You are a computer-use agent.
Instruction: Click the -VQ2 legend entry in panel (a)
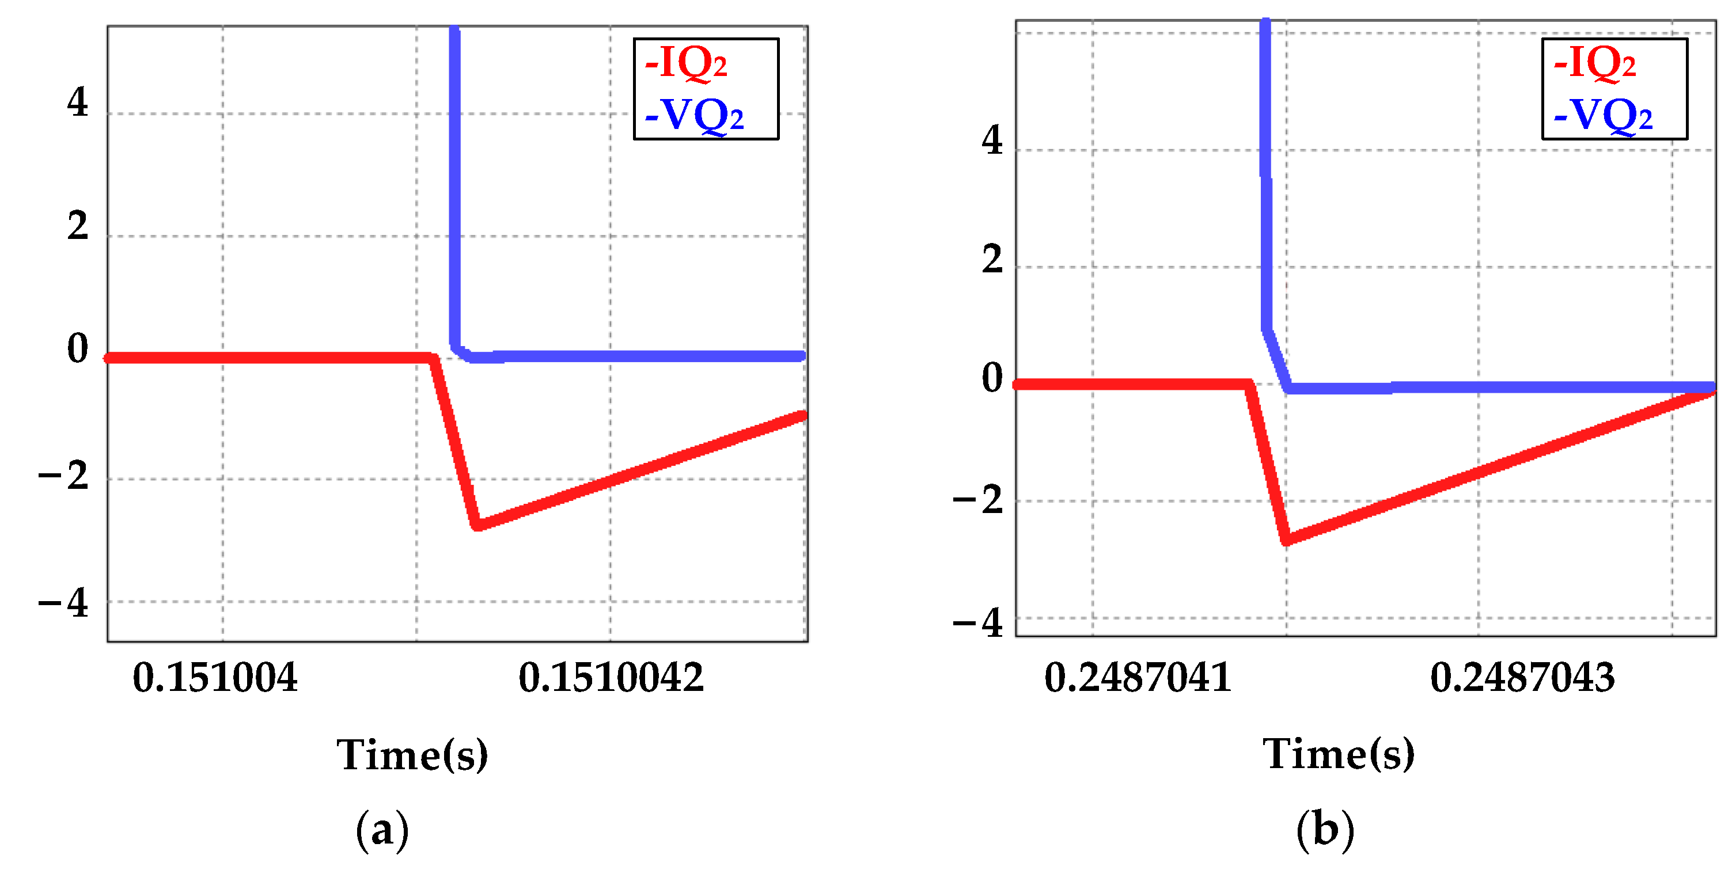point(694,115)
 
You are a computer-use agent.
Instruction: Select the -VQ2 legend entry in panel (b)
point(1602,115)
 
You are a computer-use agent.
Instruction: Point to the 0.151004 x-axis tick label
point(215,677)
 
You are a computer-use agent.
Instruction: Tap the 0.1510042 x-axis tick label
point(611,677)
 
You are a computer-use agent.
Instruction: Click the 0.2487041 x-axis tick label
point(1138,677)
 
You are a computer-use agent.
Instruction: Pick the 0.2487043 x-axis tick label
point(1522,677)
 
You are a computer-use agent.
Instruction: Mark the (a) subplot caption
point(382,830)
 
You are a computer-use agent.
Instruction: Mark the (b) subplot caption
point(1325,830)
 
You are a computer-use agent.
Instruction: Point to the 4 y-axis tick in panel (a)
point(78,102)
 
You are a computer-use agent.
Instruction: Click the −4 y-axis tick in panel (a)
point(63,602)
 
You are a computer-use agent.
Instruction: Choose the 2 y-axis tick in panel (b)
point(992,260)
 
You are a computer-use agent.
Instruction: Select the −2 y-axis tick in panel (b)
point(978,500)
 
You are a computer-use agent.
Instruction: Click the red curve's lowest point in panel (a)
point(477,525)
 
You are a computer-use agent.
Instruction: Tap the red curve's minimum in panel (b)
point(1287,540)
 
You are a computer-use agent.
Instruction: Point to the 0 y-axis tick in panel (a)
point(78,348)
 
